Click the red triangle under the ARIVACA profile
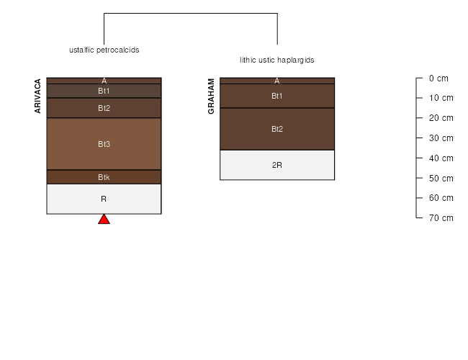pos(104,220)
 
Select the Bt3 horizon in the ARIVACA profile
pos(104,144)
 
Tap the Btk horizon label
pos(104,177)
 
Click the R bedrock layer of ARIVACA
pos(104,199)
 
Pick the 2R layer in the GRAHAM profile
pos(277,165)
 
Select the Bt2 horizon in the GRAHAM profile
pos(277,129)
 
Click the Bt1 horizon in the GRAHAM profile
pos(277,96)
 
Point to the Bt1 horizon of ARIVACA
pos(104,91)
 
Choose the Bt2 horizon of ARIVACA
pos(104,108)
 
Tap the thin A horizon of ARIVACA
pos(104,81)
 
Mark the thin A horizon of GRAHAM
pos(277,81)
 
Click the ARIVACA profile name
pos(37,96)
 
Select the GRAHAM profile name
pos(211,96)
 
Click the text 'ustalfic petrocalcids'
pos(104,50)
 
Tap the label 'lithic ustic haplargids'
pos(277,60)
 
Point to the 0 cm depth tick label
pos(438,78)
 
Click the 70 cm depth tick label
pos(441,218)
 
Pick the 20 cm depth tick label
pos(441,118)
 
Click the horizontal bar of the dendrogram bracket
pos(191,13)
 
